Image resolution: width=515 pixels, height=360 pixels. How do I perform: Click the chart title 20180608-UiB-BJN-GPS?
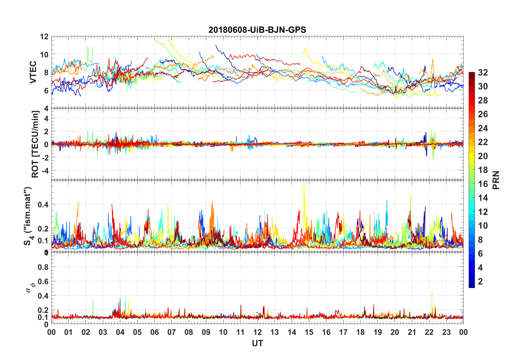point(257,30)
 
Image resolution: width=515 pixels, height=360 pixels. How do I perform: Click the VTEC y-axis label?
point(33,72)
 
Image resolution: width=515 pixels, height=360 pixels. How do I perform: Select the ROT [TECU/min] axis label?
point(35,144)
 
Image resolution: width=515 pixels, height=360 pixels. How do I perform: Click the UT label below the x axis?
point(257,343)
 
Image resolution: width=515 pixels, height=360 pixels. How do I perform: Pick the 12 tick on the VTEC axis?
point(44,37)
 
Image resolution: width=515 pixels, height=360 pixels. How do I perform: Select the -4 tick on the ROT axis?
point(45,171)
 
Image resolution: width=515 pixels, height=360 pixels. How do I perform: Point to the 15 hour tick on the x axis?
point(309,332)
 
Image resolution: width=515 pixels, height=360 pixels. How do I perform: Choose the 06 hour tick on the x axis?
point(154,332)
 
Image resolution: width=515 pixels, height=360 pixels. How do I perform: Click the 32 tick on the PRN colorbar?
point(483,73)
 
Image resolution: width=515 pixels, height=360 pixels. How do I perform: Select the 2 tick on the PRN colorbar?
point(480,282)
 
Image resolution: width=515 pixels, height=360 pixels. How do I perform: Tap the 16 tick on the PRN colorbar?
point(483,184)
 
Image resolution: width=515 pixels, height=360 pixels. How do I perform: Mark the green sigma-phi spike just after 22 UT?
point(432,292)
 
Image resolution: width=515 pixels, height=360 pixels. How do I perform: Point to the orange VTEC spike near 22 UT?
point(433,60)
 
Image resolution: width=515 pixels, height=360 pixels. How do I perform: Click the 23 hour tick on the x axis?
point(446,332)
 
